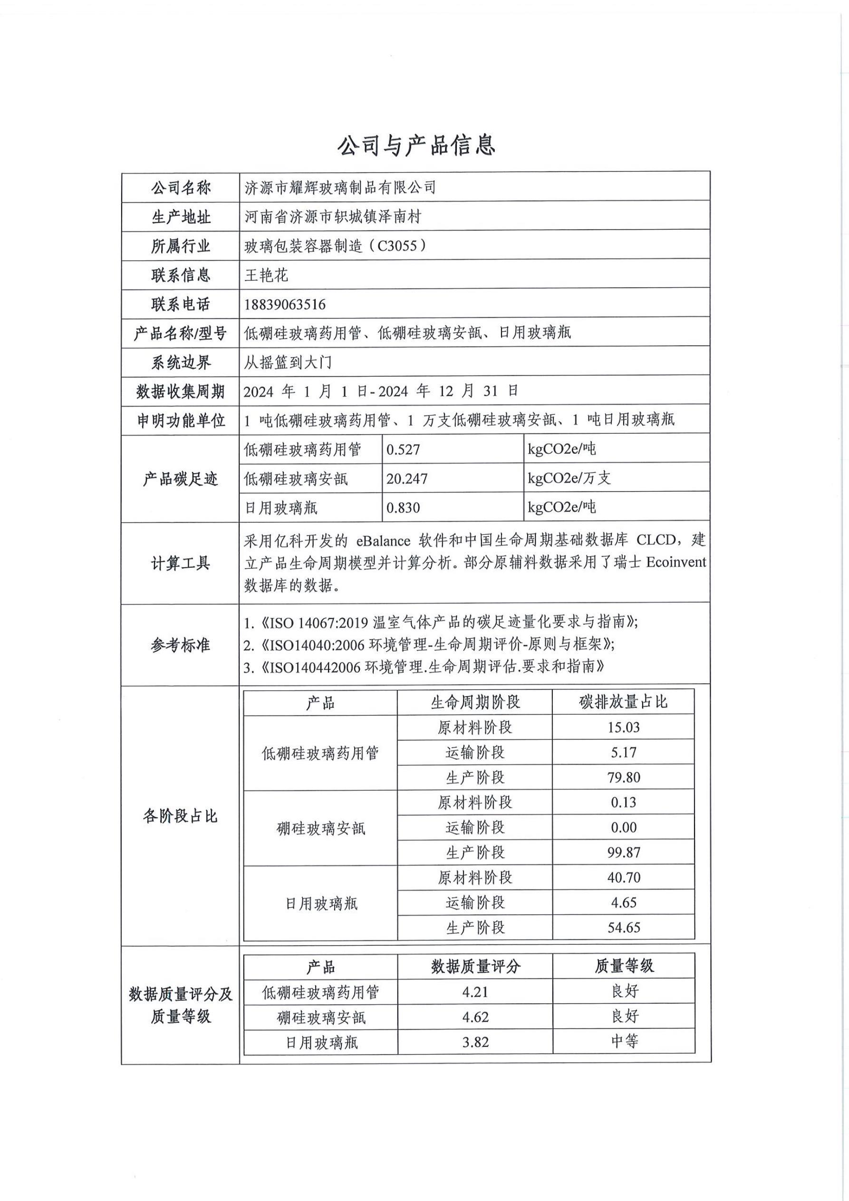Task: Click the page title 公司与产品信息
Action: pos(416,145)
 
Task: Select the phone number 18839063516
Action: pos(285,304)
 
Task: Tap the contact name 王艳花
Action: pos(266,275)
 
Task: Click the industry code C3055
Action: pos(397,246)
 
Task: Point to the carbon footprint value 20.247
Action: pos(406,479)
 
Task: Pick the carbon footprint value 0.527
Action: pos(403,450)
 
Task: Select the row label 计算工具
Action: pos(180,563)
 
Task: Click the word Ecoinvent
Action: pos(676,563)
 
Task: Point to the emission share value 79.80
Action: pos(624,778)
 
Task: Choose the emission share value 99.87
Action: pos(624,852)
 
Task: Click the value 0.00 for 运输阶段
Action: pos(624,827)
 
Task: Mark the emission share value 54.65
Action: pos(624,928)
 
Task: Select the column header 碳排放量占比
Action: pos(624,702)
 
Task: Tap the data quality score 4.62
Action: pos(475,1017)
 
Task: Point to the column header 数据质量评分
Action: pos(475,967)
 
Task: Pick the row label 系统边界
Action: pos(180,362)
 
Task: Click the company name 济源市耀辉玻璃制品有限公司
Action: pos(340,188)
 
